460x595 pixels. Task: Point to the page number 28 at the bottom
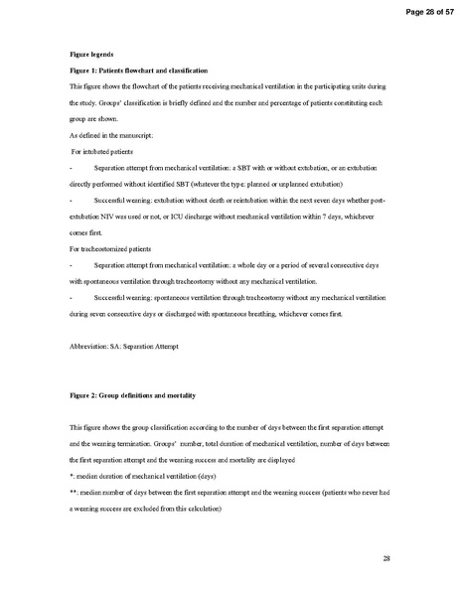[385, 560]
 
